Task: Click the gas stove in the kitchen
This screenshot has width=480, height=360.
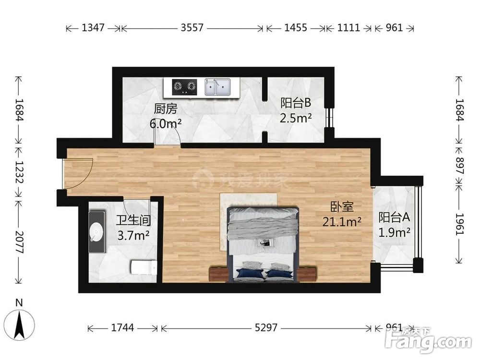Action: (184, 86)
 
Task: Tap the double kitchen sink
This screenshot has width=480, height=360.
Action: (217, 86)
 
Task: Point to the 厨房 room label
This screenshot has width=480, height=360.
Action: (165, 109)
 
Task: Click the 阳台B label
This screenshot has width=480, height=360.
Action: (296, 103)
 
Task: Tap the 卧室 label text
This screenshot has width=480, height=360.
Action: (342, 207)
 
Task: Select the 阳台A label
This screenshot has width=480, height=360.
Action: (394, 217)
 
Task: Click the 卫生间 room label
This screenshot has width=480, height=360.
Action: (133, 220)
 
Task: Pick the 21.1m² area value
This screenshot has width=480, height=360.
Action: (342, 222)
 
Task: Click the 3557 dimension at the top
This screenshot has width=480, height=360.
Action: (192, 28)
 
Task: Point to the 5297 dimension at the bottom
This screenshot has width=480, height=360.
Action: (266, 328)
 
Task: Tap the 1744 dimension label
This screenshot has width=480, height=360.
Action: (122, 328)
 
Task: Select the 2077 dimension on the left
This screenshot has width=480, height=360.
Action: (19, 242)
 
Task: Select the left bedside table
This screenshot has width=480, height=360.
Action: (218, 274)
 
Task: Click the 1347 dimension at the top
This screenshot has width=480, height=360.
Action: (94, 28)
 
